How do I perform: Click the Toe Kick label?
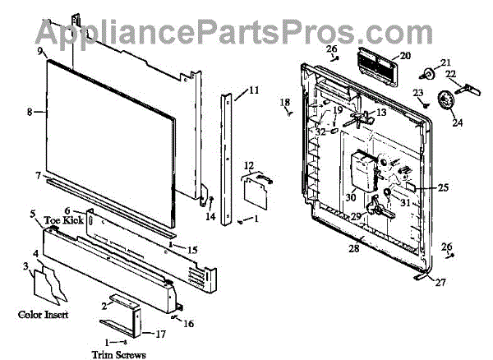point(64,220)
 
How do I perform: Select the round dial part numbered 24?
point(446,101)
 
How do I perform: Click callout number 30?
point(350,197)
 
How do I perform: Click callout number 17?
point(159,335)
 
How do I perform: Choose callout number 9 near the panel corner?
point(39,51)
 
